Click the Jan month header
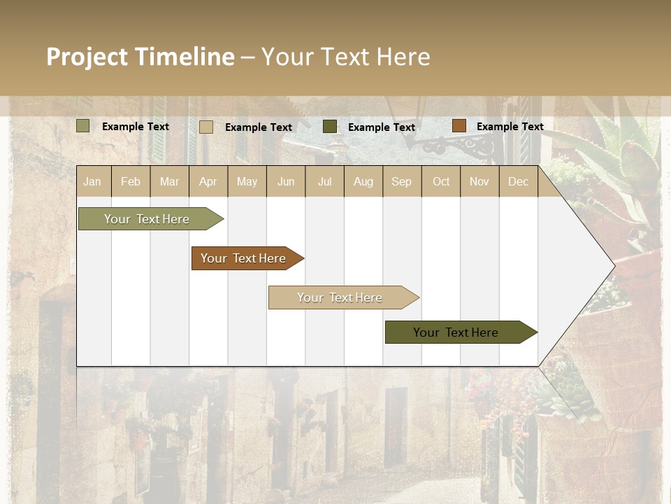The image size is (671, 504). coord(92,181)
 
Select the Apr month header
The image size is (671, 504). coord(208,181)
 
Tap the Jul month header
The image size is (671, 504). coord(324,181)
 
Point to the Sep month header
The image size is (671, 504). coord(401,181)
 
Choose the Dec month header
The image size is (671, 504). coord(518,181)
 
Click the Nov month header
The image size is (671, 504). coord(479,181)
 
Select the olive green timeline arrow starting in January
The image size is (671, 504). coord(147,219)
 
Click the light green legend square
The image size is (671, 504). coord(82,126)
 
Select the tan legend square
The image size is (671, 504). coord(205,127)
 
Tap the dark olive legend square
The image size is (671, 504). coord(330,127)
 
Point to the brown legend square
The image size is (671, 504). coord(459,126)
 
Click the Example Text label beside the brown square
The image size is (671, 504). coord(510,127)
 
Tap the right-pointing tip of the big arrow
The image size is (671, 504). coord(612,265)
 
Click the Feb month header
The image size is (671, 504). coord(131,181)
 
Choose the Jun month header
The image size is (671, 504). coord(286,181)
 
